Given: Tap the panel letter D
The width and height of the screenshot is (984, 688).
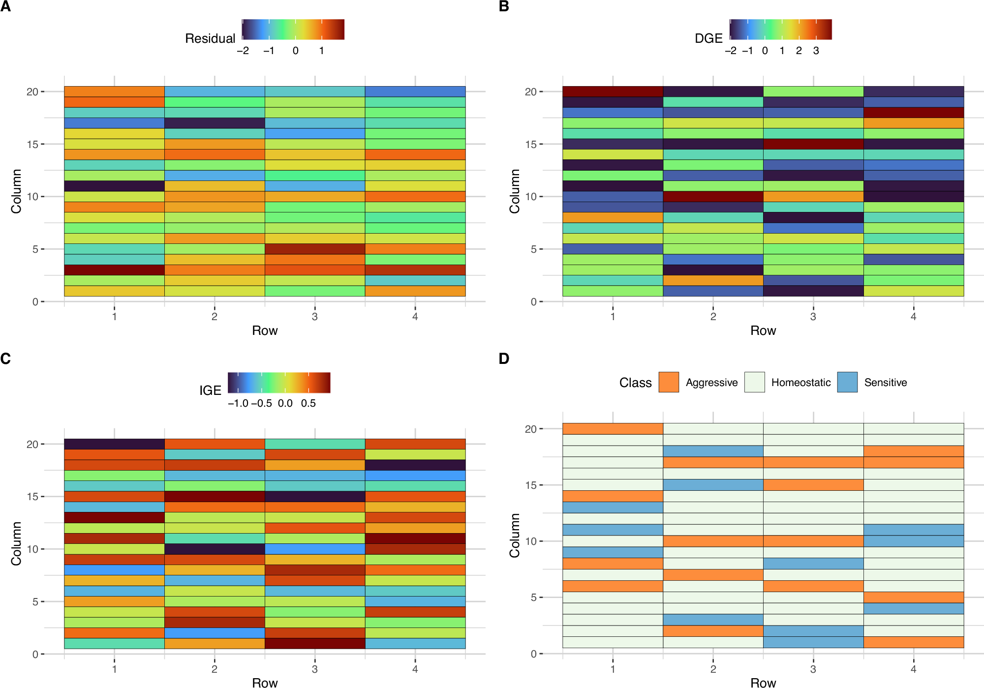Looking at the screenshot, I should (504, 359).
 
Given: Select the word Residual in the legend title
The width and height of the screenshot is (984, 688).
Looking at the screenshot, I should (210, 38).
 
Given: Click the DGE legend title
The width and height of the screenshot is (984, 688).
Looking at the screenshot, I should (708, 38).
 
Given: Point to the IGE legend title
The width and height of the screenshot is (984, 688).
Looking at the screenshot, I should (210, 390).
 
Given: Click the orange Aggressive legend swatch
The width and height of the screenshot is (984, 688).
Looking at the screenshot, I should (669, 382).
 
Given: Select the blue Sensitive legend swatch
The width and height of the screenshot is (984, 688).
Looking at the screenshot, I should (847, 382).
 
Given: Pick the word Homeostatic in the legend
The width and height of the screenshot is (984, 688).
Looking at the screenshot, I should (800, 383).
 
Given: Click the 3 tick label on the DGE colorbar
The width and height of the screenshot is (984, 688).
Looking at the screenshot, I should (816, 51).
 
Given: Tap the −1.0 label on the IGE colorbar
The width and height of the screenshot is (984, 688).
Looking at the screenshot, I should (238, 403).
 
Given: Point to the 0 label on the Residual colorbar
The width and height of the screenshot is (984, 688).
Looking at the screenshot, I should (295, 51).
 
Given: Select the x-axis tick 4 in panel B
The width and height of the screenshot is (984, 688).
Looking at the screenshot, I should (913, 317).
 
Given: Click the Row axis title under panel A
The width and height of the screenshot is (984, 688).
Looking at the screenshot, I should (265, 330).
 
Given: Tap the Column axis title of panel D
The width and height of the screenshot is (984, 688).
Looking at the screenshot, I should (515, 535).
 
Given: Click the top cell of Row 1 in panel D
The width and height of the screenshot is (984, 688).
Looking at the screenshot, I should (613, 429).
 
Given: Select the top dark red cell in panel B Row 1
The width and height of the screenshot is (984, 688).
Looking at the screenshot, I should (613, 91).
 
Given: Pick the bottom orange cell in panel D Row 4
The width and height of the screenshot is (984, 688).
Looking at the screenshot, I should (913, 642).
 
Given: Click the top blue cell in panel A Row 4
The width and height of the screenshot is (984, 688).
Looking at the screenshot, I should (415, 91).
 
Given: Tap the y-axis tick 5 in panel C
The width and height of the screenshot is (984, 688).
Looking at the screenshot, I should (35, 601).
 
